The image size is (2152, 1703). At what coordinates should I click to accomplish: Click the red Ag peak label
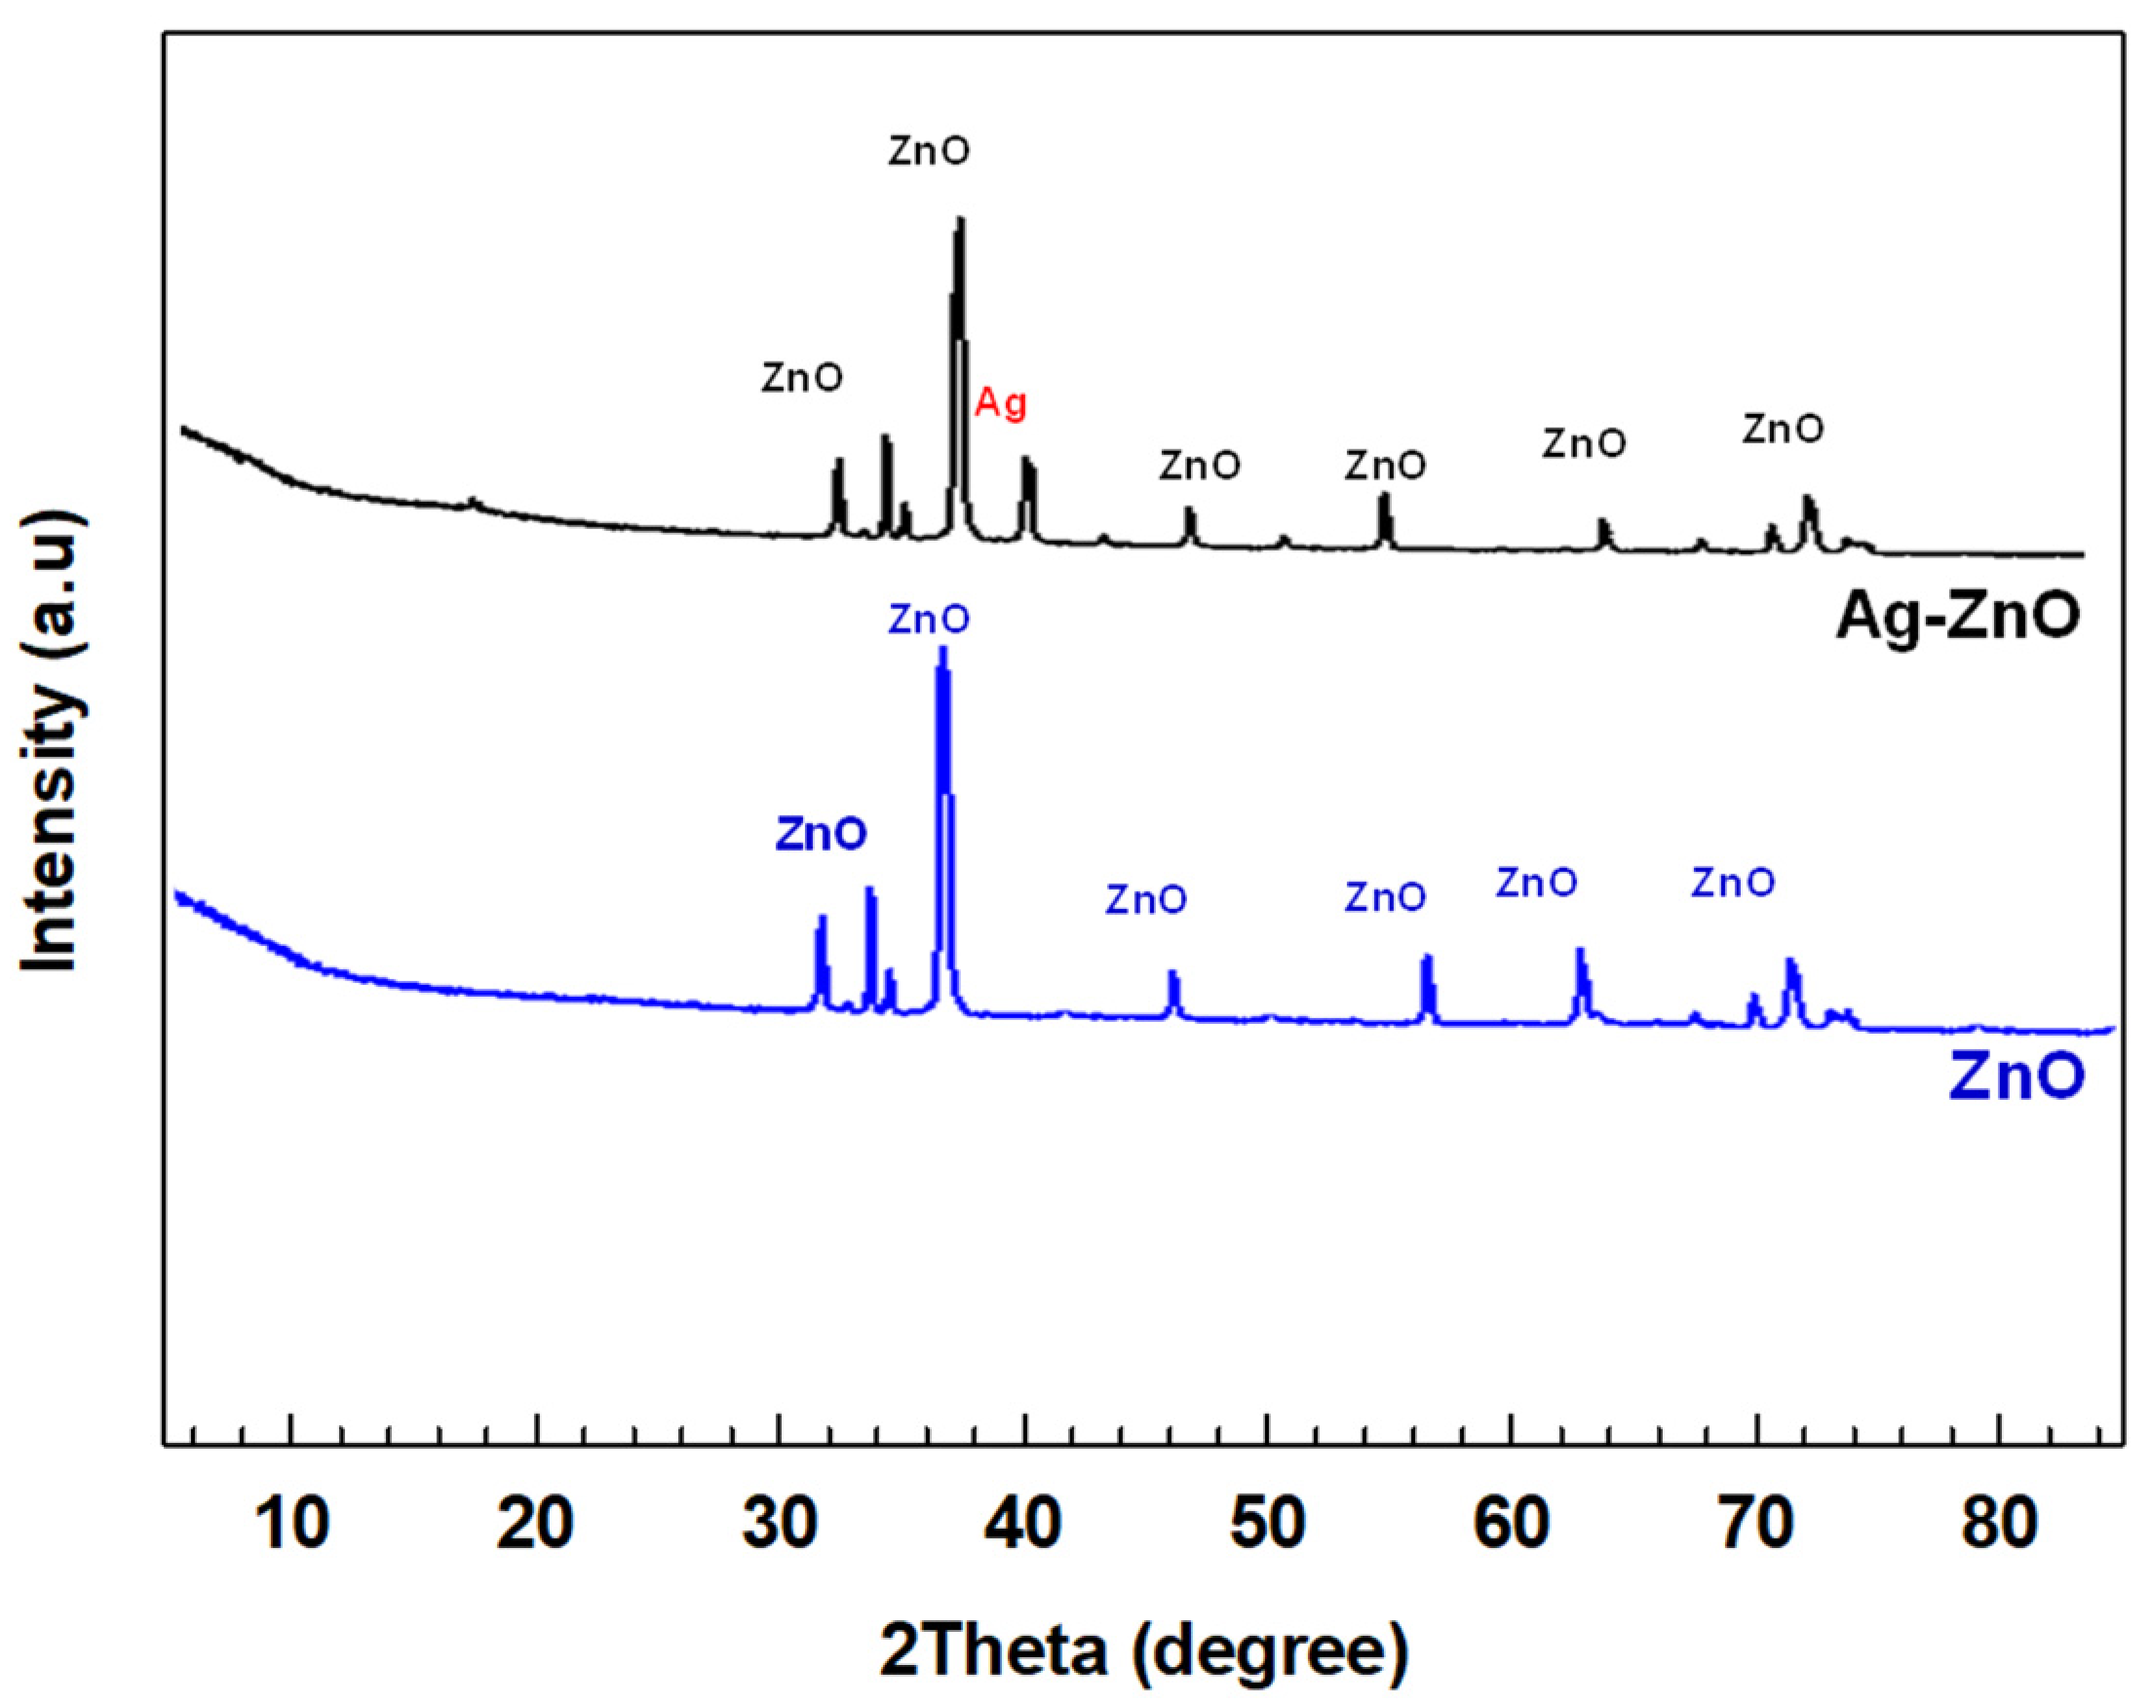(1000, 403)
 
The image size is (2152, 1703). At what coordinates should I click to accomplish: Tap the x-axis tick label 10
(292, 1525)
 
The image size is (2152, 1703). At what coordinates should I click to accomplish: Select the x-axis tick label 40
(1025, 1525)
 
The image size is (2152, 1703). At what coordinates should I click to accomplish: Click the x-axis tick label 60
(1512, 1525)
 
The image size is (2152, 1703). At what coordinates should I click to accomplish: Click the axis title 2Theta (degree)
(1143, 1651)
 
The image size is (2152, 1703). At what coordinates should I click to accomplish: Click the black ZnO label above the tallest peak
(929, 152)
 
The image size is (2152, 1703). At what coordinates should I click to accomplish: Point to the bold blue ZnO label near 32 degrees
(821, 834)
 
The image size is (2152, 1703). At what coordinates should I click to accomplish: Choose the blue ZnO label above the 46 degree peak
(1146, 900)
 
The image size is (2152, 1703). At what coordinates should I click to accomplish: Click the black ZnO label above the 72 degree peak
(1783, 430)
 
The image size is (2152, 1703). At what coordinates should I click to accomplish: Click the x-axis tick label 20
(536, 1525)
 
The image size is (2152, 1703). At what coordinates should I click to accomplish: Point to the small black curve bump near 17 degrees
(474, 501)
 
